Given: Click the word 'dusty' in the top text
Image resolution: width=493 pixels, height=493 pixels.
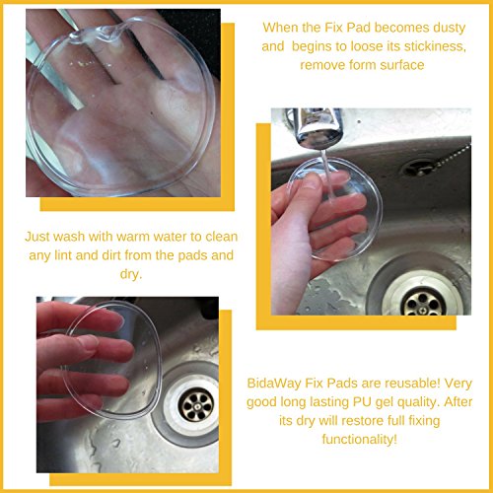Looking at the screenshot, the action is pyautogui.click(x=449, y=29).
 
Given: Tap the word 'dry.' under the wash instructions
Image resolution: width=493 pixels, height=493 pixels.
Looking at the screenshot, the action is pyautogui.click(x=131, y=274).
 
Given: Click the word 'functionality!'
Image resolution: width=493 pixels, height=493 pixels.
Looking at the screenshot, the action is pyautogui.click(x=360, y=440).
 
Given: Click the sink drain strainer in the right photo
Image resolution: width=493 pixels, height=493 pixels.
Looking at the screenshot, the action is pyautogui.click(x=424, y=302).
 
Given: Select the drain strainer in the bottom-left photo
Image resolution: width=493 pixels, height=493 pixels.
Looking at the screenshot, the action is pyautogui.click(x=196, y=405).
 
